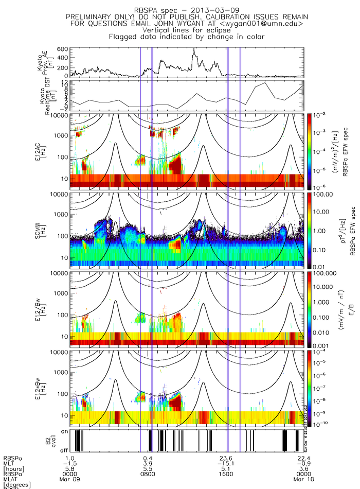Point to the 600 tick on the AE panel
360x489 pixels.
pos(63,49)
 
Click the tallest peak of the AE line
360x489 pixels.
pos(194,49)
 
